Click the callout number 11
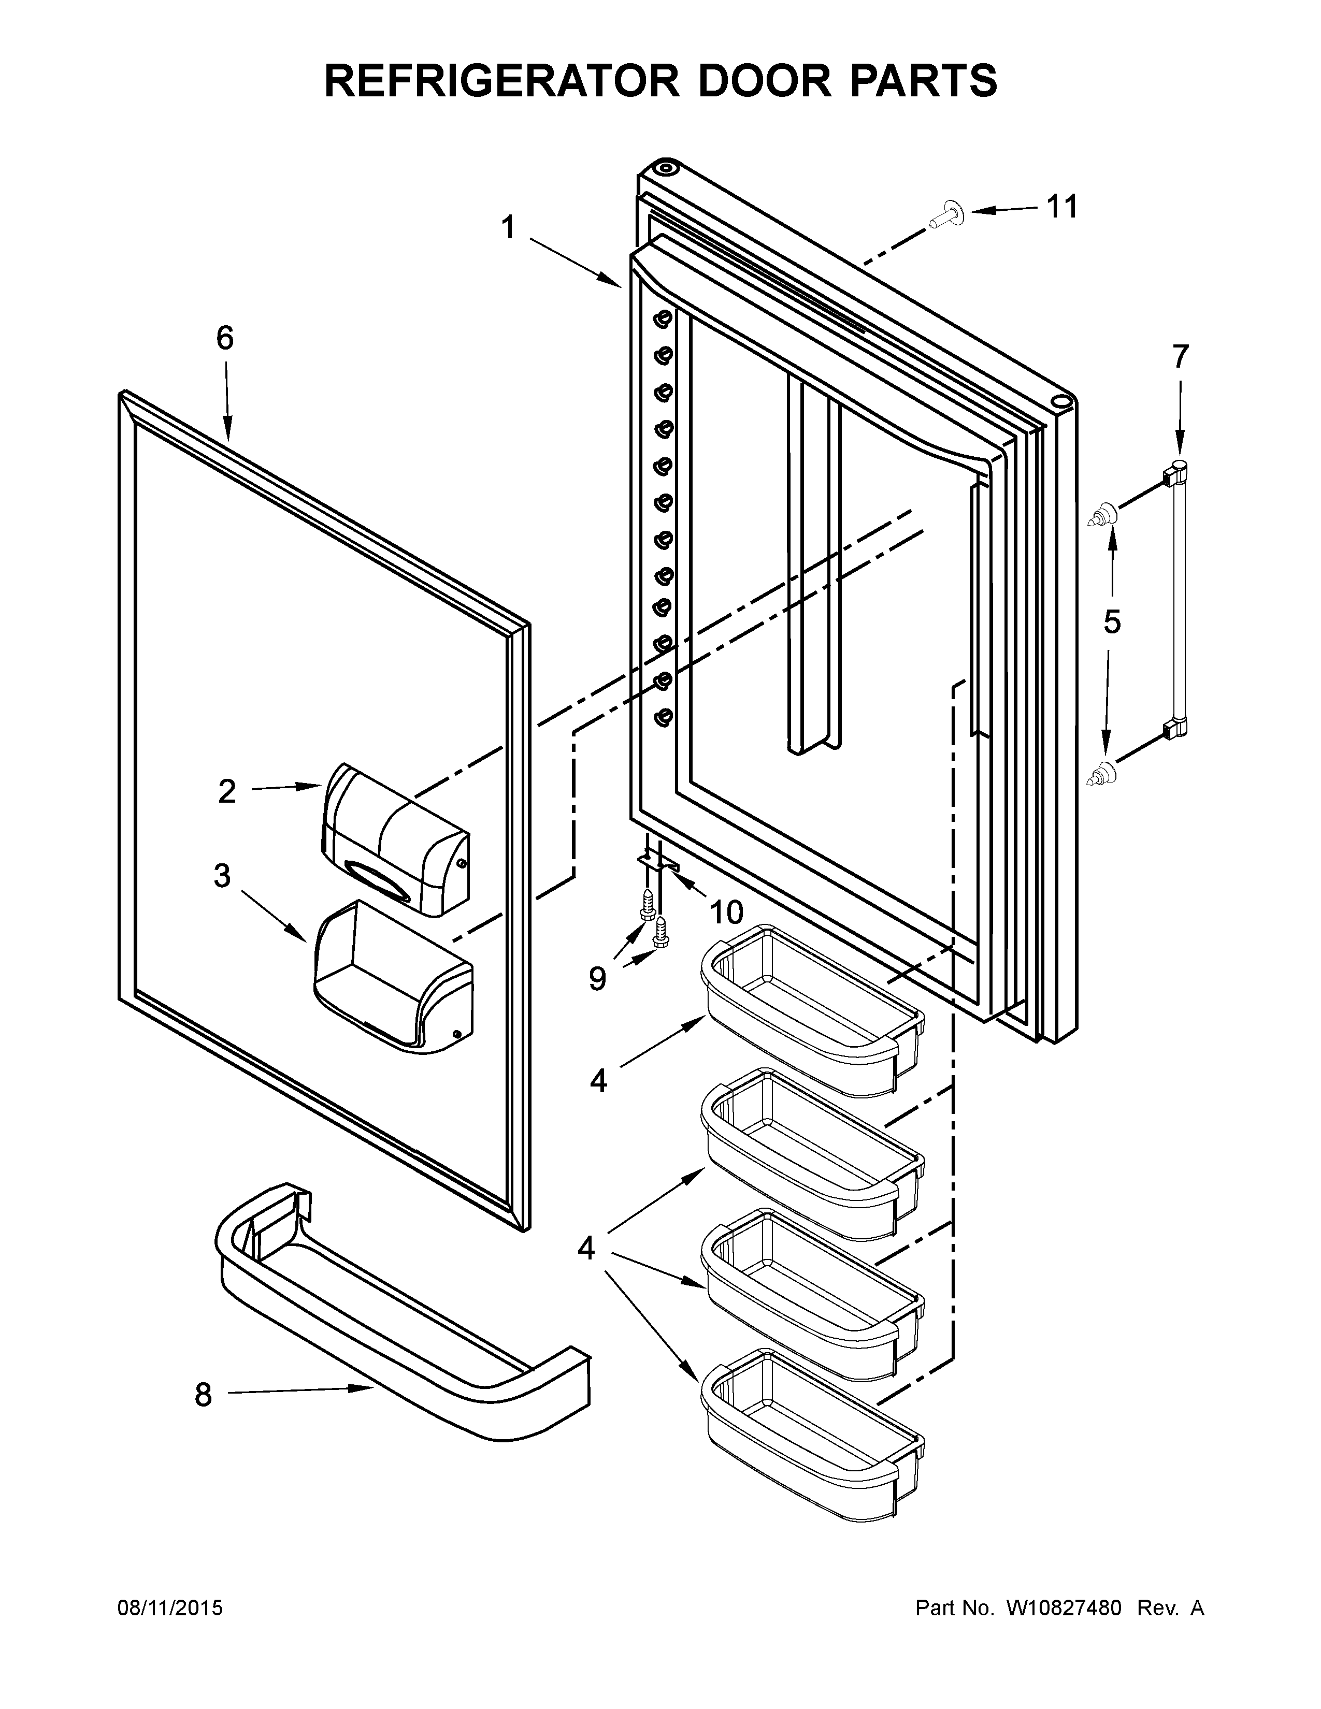[x=1062, y=207]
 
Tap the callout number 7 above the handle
[x=1180, y=356]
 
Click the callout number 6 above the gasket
[x=225, y=338]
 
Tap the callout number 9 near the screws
[x=597, y=978]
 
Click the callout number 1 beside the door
[x=509, y=228]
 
